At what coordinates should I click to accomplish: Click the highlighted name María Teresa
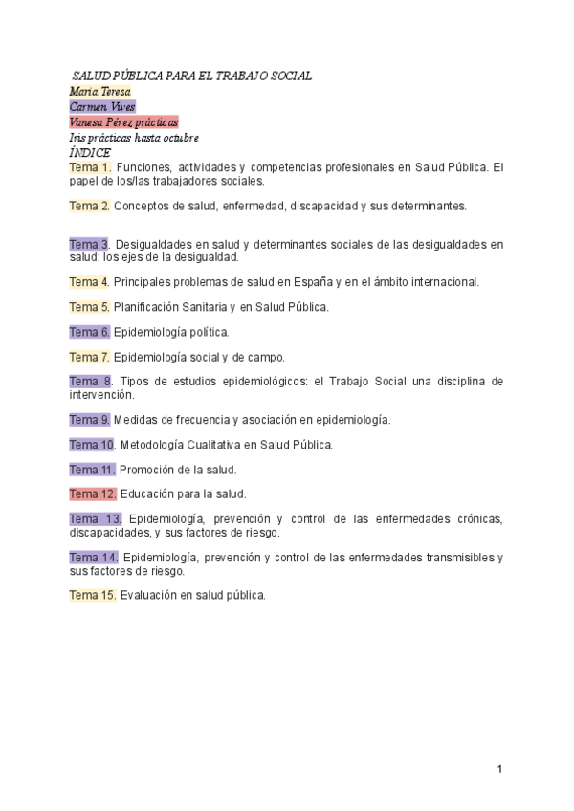pos(99,91)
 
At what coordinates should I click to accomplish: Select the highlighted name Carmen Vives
pos(102,106)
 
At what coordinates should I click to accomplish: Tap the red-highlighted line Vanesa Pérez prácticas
pos(123,121)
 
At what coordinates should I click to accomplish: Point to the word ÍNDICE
pos(90,152)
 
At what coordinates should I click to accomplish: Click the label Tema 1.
pos(90,167)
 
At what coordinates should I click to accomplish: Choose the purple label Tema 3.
pos(90,244)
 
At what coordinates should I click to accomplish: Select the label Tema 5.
pos(90,307)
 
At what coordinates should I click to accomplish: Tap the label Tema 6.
pos(90,332)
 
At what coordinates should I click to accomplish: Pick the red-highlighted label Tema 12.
pos(93,494)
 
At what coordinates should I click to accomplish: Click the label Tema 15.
pos(93,595)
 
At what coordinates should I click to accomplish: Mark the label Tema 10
pos(93,445)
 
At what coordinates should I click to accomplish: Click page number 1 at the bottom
pos(500,770)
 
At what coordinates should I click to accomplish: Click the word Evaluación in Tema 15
pos(152,595)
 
